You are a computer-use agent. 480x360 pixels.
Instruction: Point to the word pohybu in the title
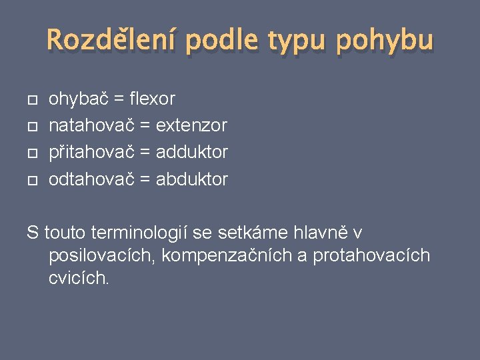[385, 41]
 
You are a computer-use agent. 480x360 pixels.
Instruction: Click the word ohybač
[79, 99]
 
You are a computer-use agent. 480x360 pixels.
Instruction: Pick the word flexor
[153, 99]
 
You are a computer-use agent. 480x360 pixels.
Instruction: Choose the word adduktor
[192, 153]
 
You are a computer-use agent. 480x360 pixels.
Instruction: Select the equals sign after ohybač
[119, 100]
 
